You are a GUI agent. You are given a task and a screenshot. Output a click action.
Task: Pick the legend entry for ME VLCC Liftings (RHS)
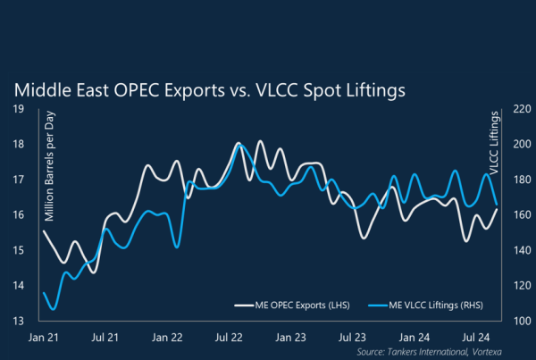click(417, 306)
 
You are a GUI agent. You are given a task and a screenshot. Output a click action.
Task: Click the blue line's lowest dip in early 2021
click(52, 309)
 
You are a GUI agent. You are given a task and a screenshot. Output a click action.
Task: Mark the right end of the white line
click(497, 209)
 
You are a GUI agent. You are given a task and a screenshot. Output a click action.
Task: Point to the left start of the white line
click(43, 231)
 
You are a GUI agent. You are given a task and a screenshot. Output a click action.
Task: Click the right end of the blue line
click(497, 205)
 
